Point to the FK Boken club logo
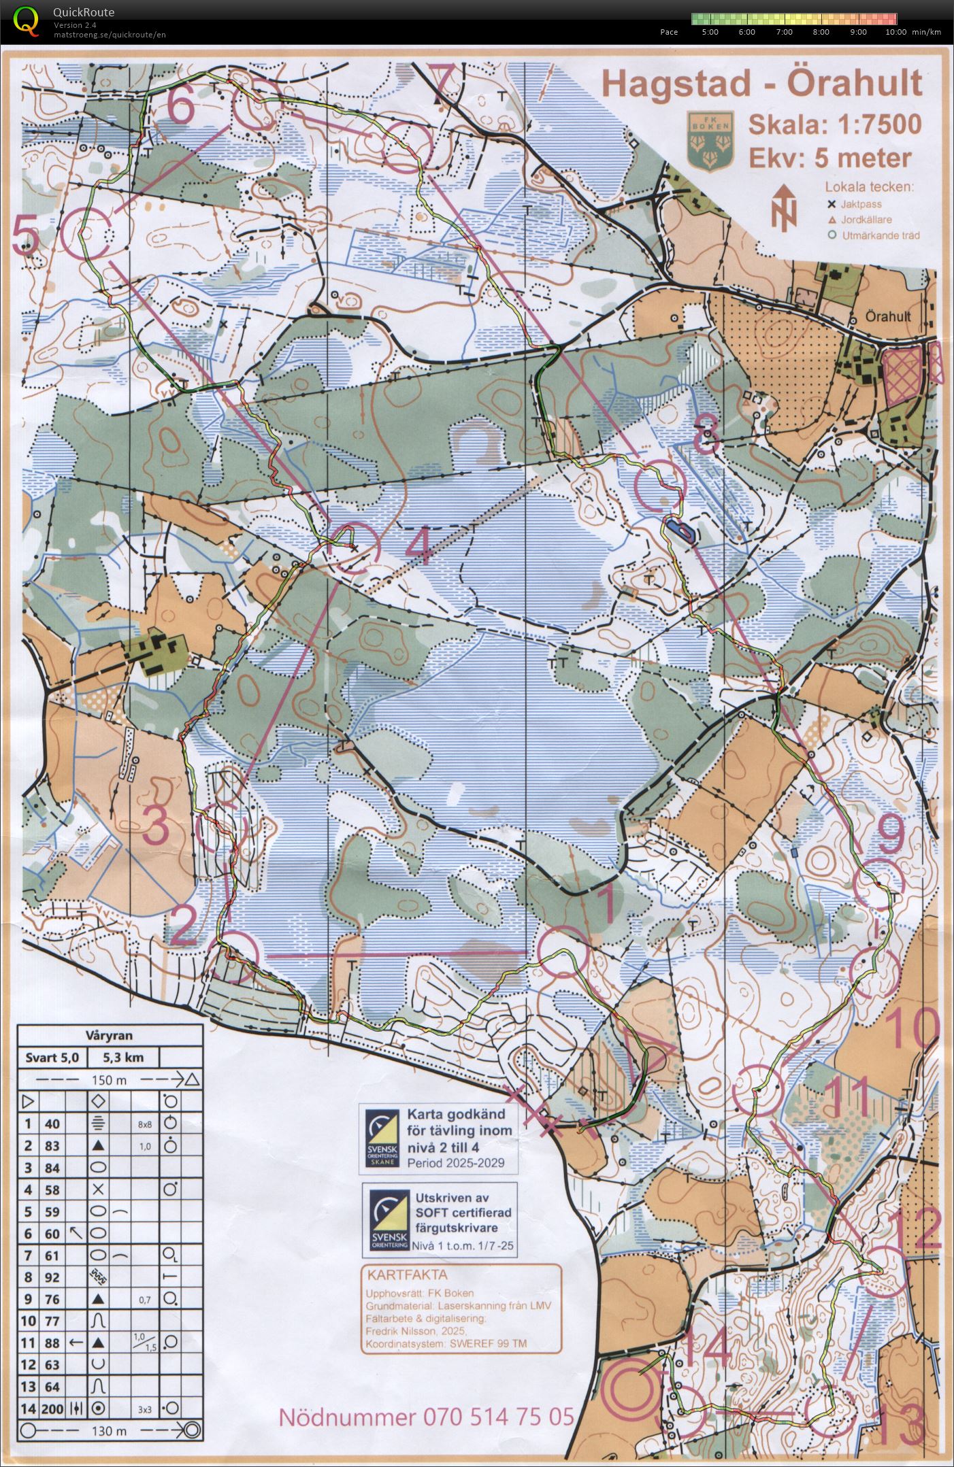point(710,140)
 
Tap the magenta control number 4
point(421,547)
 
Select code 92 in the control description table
point(52,1277)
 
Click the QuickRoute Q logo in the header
point(26,20)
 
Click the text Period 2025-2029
point(456,1162)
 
